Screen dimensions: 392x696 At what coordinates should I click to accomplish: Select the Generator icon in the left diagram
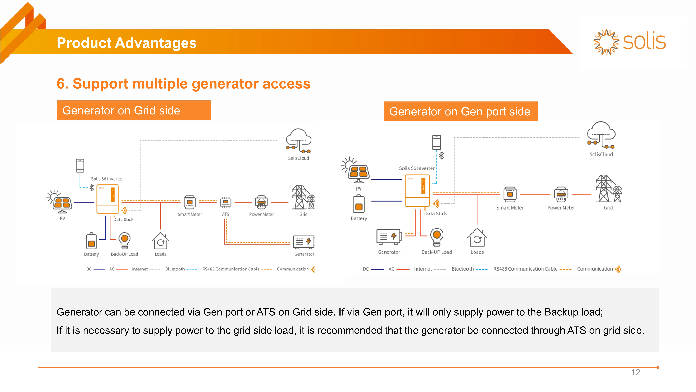click(x=303, y=242)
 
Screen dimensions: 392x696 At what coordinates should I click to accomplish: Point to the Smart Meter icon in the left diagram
click(x=190, y=202)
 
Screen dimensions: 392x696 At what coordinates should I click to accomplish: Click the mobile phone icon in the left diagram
click(x=80, y=165)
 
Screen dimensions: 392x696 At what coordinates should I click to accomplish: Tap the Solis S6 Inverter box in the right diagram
click(x=417, y=191)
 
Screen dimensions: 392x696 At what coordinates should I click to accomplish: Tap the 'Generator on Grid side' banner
click(x=134, y=110)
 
